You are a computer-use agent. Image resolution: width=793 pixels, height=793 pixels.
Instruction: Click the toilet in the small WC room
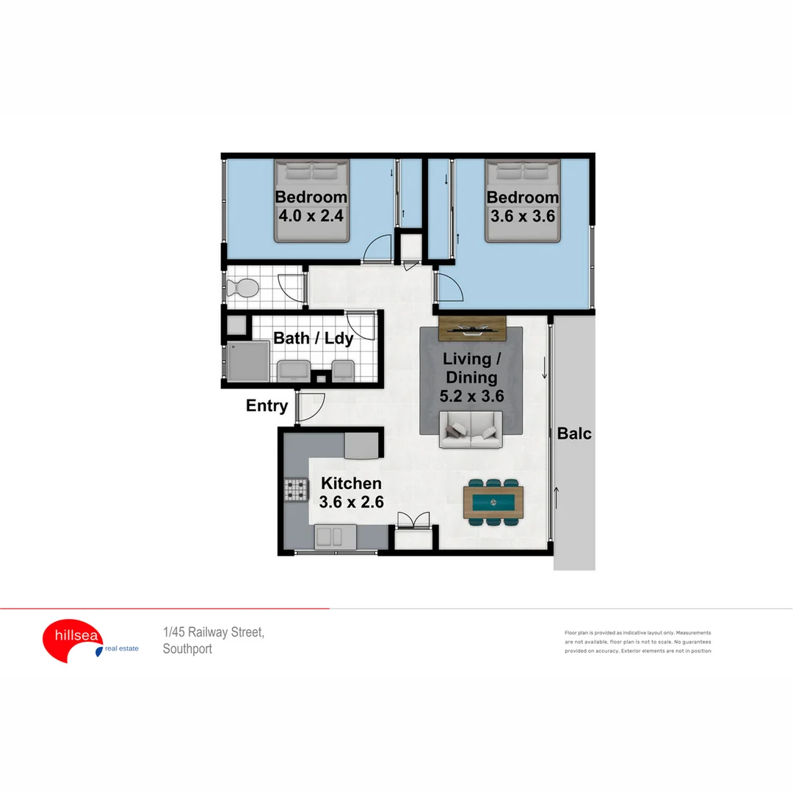[x=243, y=288]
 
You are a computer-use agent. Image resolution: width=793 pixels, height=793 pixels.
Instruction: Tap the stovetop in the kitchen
[x=297, y=489]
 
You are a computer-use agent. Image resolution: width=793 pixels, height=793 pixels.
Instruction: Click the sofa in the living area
[x=471, y=430]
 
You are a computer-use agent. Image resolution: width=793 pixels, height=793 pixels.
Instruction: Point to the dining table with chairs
[x=493, y=502]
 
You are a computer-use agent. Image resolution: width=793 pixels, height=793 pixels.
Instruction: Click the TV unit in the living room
[x=471, y=328]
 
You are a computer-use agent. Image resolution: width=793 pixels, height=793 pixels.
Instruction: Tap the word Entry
[x=267, y=405]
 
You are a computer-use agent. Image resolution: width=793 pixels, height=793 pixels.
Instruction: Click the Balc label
[x=574, y=433]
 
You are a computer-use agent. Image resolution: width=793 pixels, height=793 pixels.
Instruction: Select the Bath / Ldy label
[x=314, y=338]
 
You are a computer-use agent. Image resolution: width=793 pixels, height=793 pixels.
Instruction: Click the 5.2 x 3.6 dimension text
[x=471, y=397]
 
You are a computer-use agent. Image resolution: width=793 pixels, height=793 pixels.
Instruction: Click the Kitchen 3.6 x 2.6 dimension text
[x=352, y=502]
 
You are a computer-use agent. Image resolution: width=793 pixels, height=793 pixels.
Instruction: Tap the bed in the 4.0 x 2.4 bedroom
[x=311, y=201]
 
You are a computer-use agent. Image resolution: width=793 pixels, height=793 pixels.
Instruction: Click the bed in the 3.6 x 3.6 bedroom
[x=523, y=201]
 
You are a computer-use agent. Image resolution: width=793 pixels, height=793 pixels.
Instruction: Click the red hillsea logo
[x=72, y=640]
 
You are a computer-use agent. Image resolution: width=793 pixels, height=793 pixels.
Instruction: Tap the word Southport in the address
[x=187, y=649]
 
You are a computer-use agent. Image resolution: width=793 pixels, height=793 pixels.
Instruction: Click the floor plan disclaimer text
[x=637, y=642]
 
